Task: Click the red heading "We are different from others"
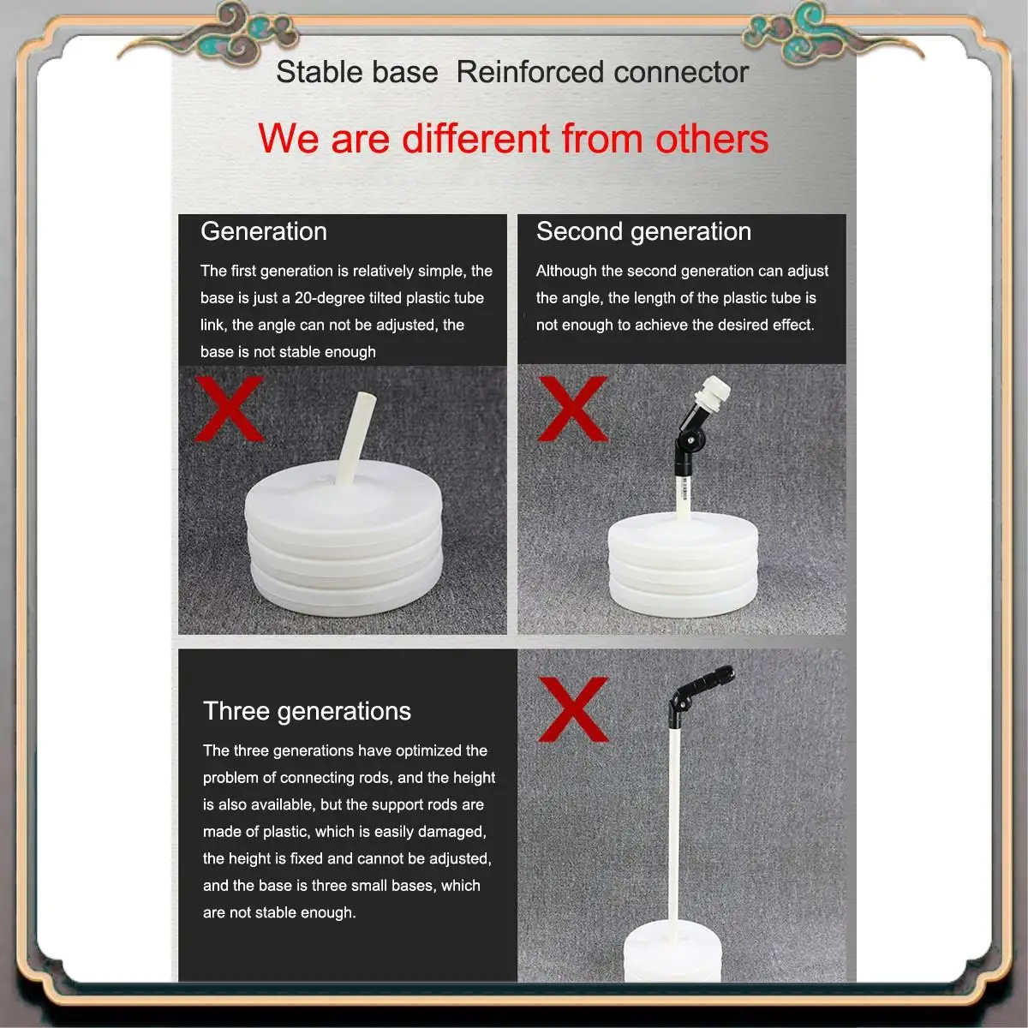click(x=513, y=139)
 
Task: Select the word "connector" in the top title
click(x=681, y=72)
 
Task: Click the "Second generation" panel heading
click(x=644, y=231)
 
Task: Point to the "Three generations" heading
click(x=307, y=711)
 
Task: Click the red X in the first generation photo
click(x=229, y=409)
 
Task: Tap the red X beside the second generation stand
click(x=573, y=409)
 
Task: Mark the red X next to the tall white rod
click(x=573, y=709)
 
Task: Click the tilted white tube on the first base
click(x=356, y=439)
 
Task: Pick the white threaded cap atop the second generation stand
click(x=712, y=395)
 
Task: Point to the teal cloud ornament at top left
click(x=242, y=33)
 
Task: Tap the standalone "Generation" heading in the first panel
click(x=264, y=231)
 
